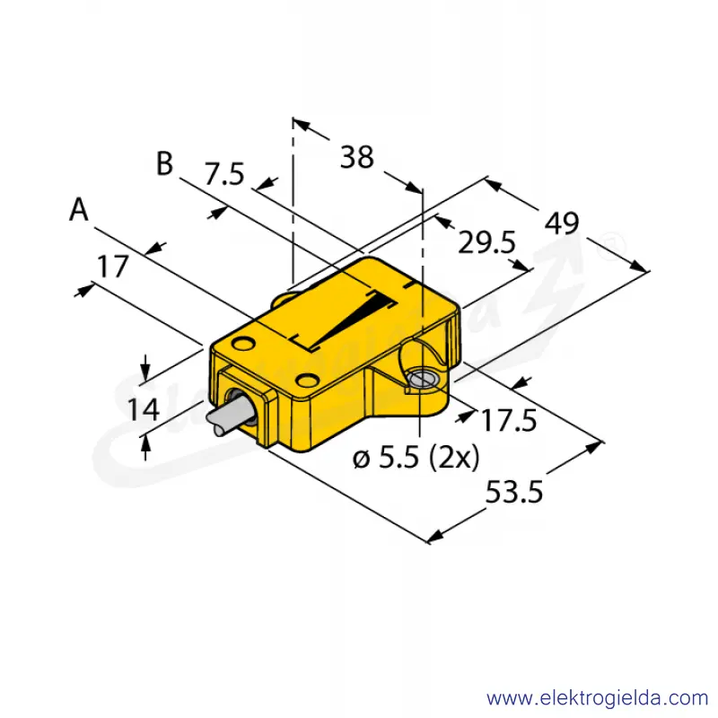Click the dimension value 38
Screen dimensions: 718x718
click(x=356, y=157)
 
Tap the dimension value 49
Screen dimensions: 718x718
click(x=562, y=223)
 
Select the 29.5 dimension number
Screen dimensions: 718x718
click(x=486, y=242)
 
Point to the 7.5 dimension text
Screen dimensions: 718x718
click(x=223, y=174)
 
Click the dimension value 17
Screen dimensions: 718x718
click(x=113, y=267)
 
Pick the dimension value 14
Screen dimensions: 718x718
click(x=144, y=409)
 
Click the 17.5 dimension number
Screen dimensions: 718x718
click(x=508, y=420)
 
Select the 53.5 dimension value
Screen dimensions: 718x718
click(x=513, y=492)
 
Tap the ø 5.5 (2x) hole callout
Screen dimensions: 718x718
click(x=416, y=457)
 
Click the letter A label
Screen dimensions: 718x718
click(x=79, y=210)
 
